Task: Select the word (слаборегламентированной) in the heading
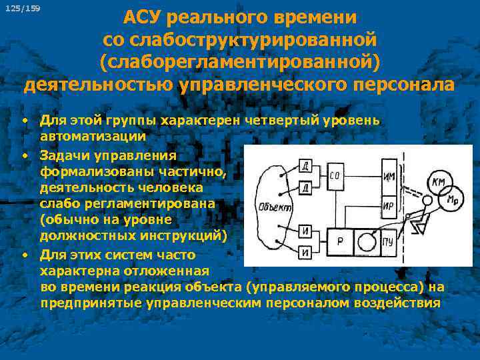[239, 61]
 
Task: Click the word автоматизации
[93, 136]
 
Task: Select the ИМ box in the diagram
[389, 177]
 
